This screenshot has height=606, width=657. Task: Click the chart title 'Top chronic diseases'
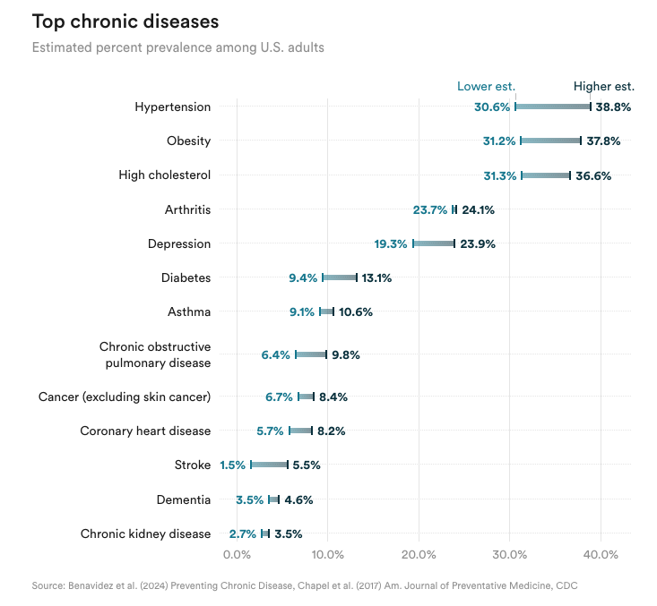(125, 21)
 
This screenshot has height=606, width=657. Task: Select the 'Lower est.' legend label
(486, 87)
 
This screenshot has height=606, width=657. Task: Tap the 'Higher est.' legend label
(603, 87)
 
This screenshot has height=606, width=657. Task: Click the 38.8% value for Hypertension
(613, 107)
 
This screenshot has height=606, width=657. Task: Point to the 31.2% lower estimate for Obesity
(499, 141)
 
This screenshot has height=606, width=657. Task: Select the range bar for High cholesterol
(545, 175)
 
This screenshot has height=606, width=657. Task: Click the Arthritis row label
(187, 209)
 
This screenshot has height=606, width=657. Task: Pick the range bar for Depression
(434, 243)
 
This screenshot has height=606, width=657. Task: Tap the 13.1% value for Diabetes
(376, 277)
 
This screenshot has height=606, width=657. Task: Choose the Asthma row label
(189, 312)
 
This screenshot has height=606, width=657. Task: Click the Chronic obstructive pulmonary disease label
(155, 354)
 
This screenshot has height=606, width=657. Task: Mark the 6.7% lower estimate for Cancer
(280, 397)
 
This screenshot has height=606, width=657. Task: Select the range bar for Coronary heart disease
(300, 431)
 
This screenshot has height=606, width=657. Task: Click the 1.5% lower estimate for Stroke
(233, 465)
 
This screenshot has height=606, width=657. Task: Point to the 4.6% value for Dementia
(298, 499)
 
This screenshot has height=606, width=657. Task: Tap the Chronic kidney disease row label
(145, 533)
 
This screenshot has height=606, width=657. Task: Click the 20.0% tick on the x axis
(419, 555)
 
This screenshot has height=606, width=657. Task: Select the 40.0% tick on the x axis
(601, 555)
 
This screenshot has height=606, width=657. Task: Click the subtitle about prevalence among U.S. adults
(177, 47)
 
